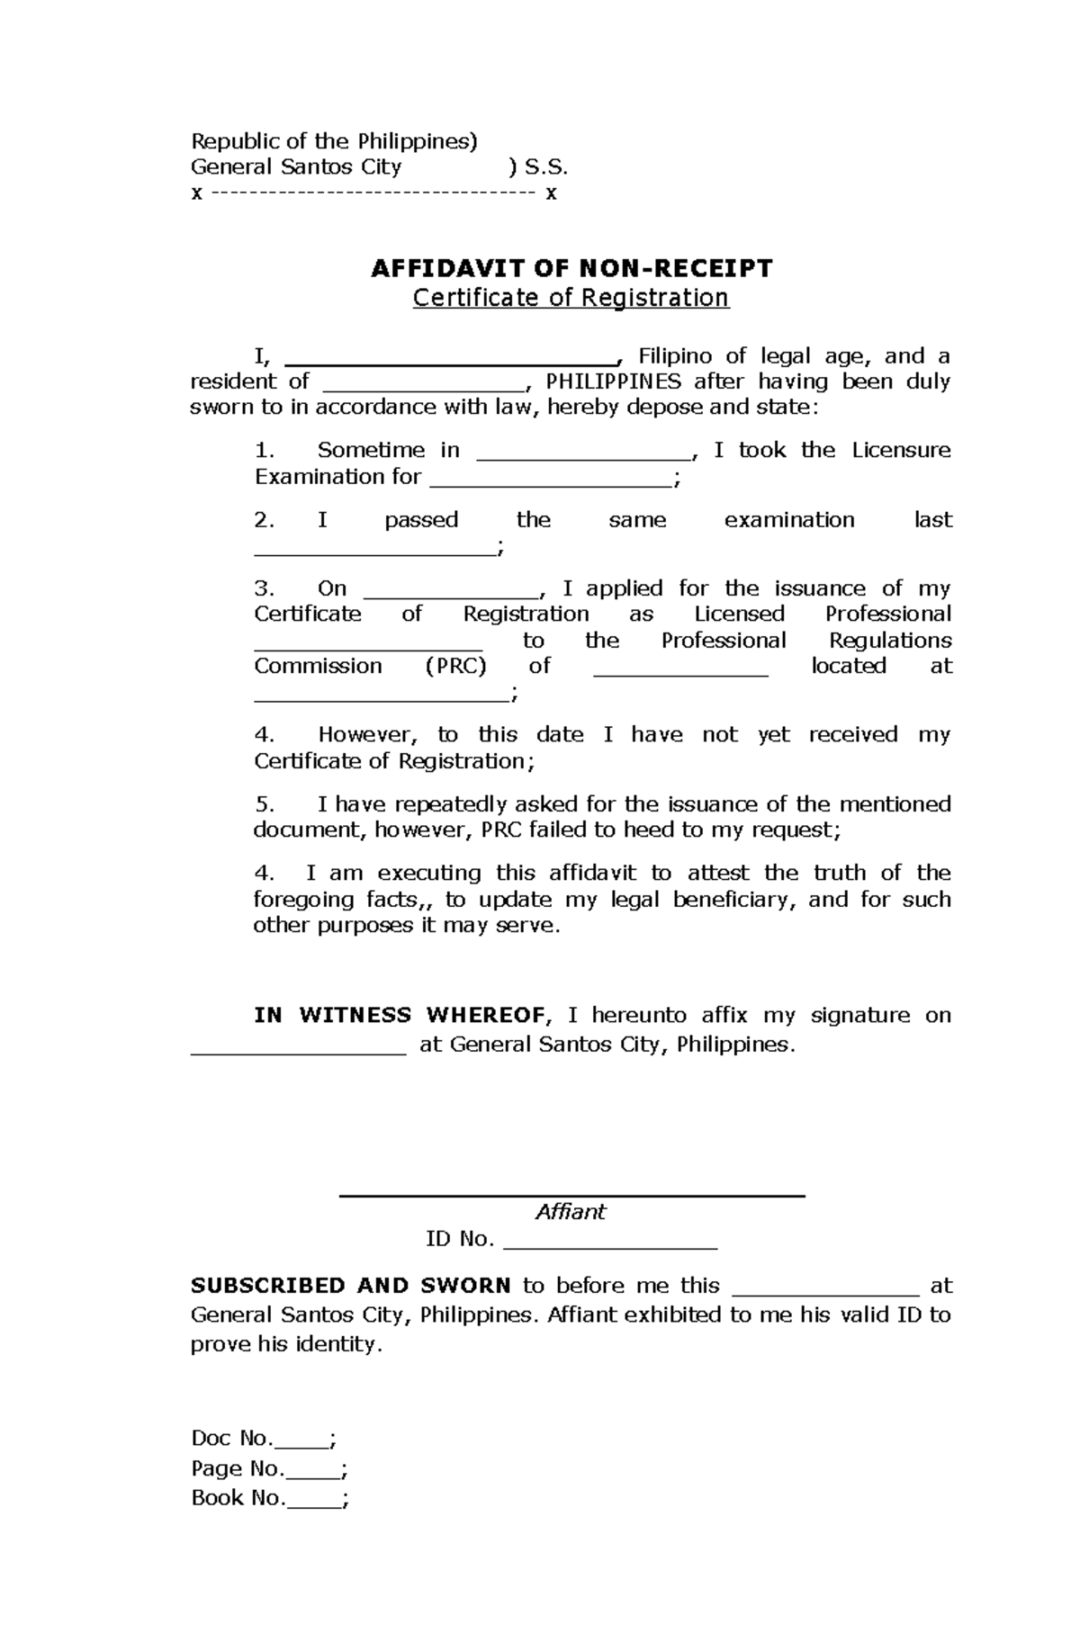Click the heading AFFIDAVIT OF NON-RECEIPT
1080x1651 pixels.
tap(571, 268)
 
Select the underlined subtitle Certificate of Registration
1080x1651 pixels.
tap(571, 298)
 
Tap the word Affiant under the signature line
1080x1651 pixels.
tap(571, 1212)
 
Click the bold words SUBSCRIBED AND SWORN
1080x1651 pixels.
tap(350, 1286)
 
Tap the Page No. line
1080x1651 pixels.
tap(268, 1469)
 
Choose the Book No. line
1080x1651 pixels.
tap(268, 1498)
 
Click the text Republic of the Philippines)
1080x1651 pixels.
tap(334, 141)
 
